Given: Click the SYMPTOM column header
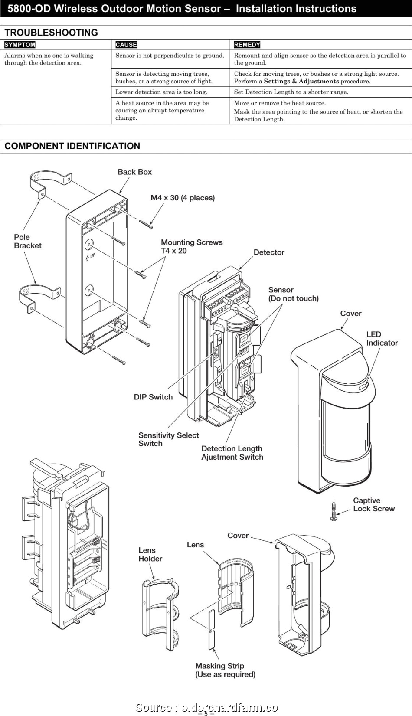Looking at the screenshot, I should click(x=20, y=45).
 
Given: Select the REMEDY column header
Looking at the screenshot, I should click(x=247, y=45).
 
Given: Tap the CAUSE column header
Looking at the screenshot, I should click(x=126, y=45).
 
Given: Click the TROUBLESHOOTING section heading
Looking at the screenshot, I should click(x=51, y=33).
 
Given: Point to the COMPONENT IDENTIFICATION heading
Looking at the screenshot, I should click(x=72, y=146).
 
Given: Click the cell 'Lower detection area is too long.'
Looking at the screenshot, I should click(x=161, y=92).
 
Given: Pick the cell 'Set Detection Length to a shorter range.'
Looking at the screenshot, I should click(x=291, y=92).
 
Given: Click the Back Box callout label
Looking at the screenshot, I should click(x=135, y=172).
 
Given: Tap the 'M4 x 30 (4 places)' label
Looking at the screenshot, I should click(x=183, y=198).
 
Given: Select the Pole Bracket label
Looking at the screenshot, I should click(x=28, y=241).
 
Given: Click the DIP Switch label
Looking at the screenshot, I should click(x=153, y=397).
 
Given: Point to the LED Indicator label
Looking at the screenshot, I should click(x=382, y=338).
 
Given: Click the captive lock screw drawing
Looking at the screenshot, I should click(x=334, y=512).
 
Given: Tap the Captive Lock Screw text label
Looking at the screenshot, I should click(x=373, y=504).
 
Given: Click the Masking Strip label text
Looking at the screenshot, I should click(x=225, y=670).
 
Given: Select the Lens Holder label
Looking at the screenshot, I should click(x=150, y=554).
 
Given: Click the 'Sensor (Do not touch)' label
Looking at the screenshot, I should click(x=293, y=294).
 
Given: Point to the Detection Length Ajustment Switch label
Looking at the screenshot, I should click(x=232, y=453).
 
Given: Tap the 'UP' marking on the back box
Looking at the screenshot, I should click(x=91, y=258).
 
